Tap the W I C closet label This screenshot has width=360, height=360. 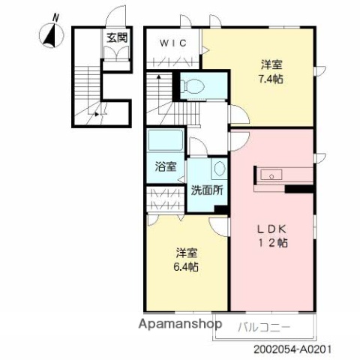(x=172, y=42)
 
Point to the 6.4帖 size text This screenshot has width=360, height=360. (x=187, y=265)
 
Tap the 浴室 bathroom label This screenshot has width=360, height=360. (x=164, y=167)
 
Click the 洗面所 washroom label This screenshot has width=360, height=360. (x=206, y=190)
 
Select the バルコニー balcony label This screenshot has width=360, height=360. (x=263, y=326)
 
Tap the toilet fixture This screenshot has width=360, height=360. (x=192, y=86)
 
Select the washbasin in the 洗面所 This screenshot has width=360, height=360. (x=218, y=168)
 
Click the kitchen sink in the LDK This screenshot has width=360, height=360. (x=270, y=175)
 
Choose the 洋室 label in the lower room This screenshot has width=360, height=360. (x=187, y=252)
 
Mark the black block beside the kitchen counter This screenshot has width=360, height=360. (x=299, y=188)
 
